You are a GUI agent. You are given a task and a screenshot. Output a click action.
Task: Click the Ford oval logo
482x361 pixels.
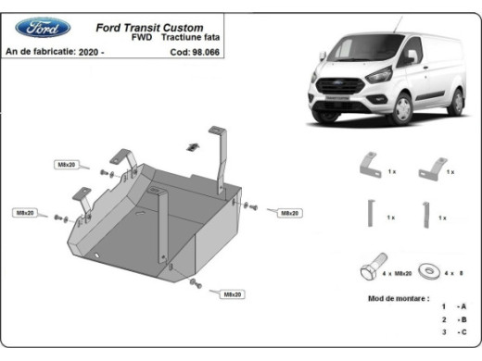pos(42,27)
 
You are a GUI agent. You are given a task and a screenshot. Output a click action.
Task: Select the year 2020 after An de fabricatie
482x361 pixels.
pos(89,52)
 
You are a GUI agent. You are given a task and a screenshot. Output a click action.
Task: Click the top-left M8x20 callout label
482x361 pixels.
pos(68,165)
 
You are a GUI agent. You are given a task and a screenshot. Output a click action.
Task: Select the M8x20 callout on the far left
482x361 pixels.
pos(25,214)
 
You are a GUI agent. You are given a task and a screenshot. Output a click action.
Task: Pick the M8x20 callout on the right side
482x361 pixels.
pos(289,213)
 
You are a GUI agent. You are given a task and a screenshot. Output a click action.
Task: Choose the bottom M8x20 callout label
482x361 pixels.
pos(232,294)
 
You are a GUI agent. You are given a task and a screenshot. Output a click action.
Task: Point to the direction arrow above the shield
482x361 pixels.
pos(194,146)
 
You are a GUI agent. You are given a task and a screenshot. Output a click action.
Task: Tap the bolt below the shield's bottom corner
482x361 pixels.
pos(193,281)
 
